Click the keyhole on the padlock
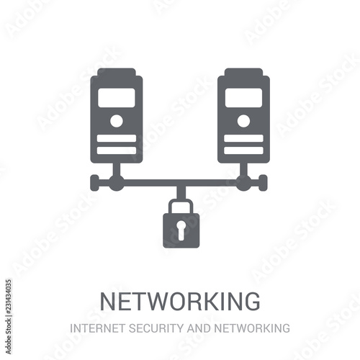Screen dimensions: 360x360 click(181, 230)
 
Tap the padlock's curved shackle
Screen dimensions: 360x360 click(181, 201)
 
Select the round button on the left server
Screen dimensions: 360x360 click(117, 121)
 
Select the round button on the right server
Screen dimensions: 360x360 click(243, 121)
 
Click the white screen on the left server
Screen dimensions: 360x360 click(117, 98)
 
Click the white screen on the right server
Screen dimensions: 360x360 click(243, 98)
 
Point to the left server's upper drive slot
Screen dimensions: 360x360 click(117, 138)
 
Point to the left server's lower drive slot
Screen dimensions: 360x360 click(117, 150)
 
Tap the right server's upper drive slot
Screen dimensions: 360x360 click(243, 138)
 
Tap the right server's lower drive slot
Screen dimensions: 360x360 click(243, 150)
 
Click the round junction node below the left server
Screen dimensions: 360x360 click(117, 183)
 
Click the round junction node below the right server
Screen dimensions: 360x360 click(243, 183)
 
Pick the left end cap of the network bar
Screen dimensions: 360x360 click(94, 183)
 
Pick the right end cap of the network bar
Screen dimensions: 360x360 click(264, 183)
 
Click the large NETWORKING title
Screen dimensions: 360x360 click(180, 301)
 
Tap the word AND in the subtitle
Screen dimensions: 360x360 click(199, 328)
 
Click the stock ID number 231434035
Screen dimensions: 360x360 click(9, 298)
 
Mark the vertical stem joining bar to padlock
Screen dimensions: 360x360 click(181, 192)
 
